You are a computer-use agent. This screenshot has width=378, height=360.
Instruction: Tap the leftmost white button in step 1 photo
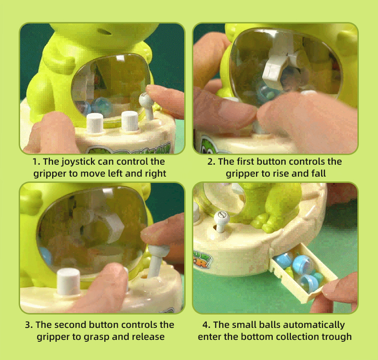click(95, 123)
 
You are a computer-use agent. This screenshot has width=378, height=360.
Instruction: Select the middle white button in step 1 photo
click(130, 121)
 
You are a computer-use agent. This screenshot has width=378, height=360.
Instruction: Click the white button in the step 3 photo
click(68, 281)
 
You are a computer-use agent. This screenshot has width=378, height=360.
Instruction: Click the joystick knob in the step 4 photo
click(222, 217)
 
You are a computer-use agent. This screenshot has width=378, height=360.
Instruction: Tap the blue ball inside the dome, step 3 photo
click(46, 256)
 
